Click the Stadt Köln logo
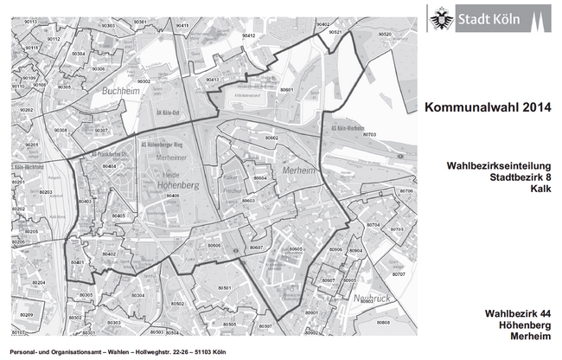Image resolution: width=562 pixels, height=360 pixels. click(489, 17)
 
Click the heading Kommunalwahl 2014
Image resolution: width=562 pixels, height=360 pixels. click(487, 106)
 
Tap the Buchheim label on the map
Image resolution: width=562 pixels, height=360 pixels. click(120, 89)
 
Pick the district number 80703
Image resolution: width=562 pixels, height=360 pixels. click(370, 135)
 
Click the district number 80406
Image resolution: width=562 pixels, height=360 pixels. click(172, 196)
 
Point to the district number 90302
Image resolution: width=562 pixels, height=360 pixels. click(144, 80)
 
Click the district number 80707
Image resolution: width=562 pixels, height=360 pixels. click(398, 273)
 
